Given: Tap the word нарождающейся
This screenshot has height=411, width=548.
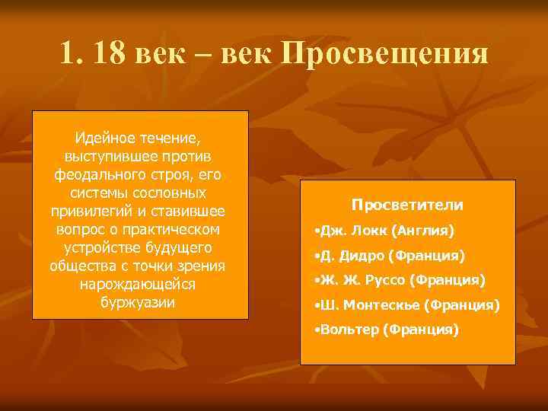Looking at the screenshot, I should pyautogui.click(x=138, y=283).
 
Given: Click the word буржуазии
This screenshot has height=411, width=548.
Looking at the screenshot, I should pyautogui.click(x=138, y=301).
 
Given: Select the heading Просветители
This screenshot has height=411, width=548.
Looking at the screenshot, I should pyautogui.click(x=407, y=205).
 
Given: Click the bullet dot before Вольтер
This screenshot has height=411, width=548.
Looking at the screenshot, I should pyautogui.click(x=317, y=330).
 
